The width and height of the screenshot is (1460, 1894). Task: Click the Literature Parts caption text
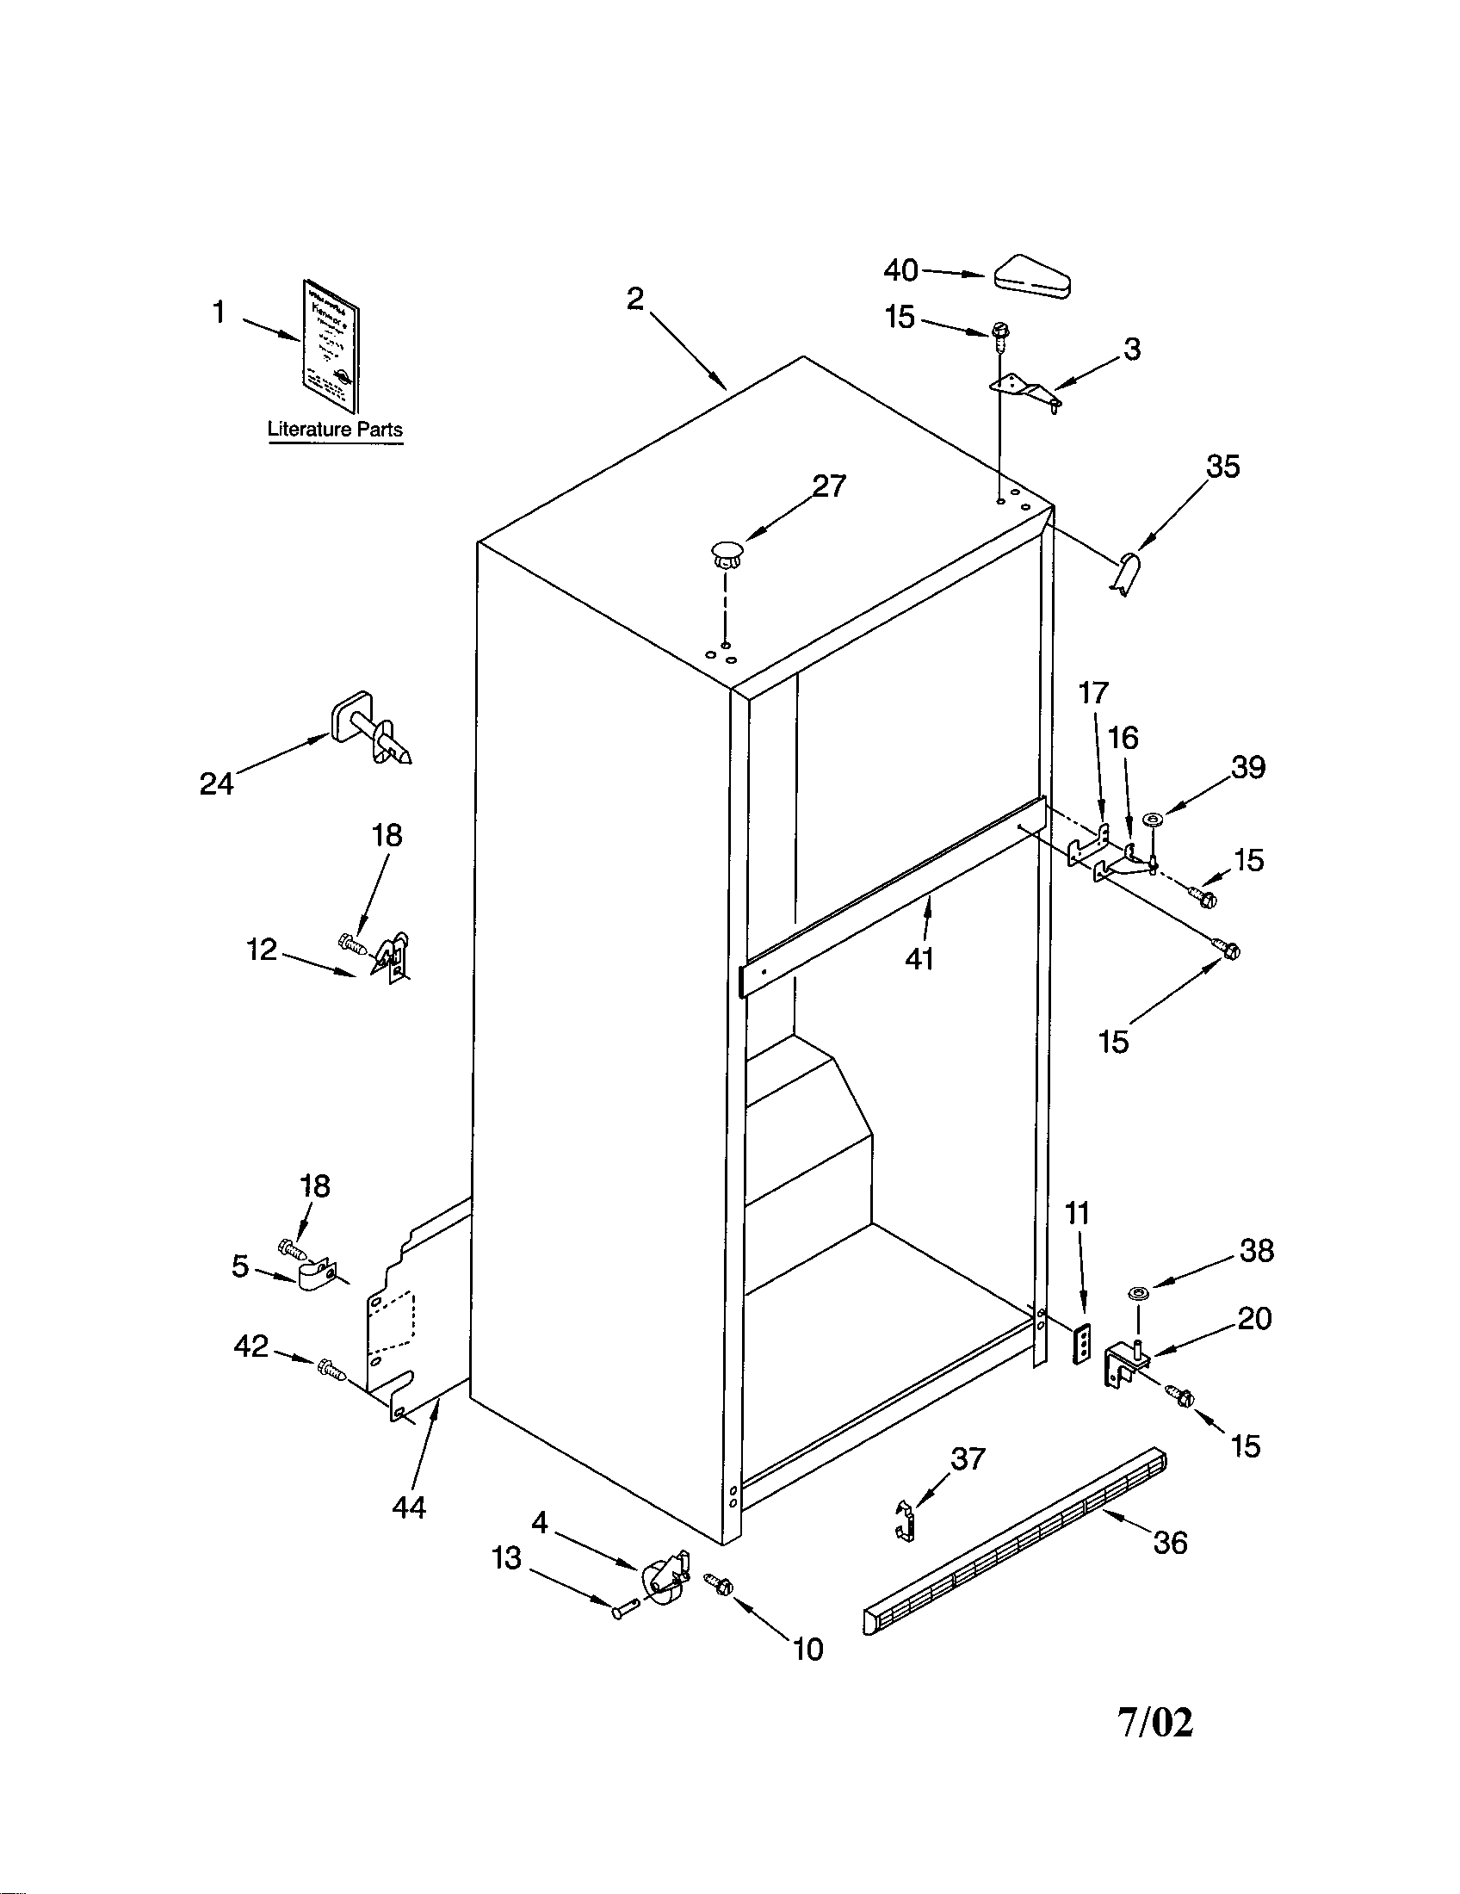335,429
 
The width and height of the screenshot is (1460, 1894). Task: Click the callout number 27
828,486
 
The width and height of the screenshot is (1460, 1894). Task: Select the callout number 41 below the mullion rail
919,958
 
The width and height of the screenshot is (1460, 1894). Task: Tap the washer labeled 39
1153,818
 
